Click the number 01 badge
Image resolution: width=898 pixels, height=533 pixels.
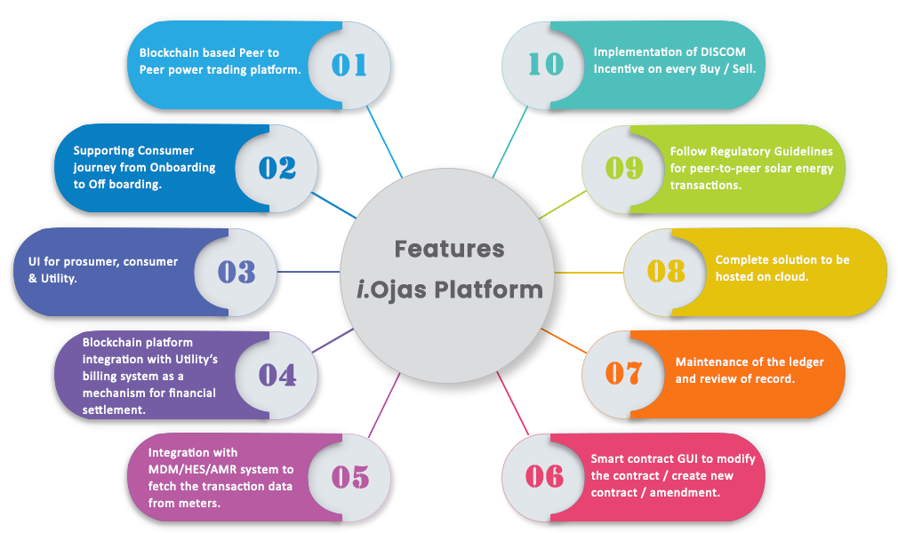[349, 65]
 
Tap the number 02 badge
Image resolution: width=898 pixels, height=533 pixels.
[277, 168]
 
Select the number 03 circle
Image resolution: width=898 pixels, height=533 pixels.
[237, 271]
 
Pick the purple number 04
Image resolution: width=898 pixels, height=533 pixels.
[277, 375]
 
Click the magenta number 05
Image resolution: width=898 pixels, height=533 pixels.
[349, 477]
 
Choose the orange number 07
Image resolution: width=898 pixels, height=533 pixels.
[622, 373]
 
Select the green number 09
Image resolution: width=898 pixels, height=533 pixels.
[624, 168]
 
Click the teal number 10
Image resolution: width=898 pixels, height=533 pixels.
[545, 65]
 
